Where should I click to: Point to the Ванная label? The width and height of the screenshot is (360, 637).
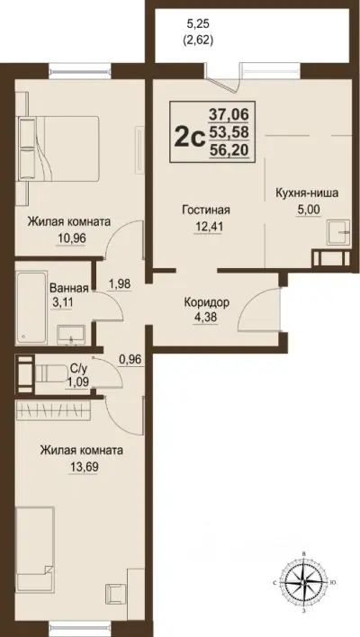69,289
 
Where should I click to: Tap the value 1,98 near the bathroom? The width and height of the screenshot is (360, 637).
119,284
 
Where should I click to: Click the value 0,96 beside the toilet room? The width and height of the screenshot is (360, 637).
132,363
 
